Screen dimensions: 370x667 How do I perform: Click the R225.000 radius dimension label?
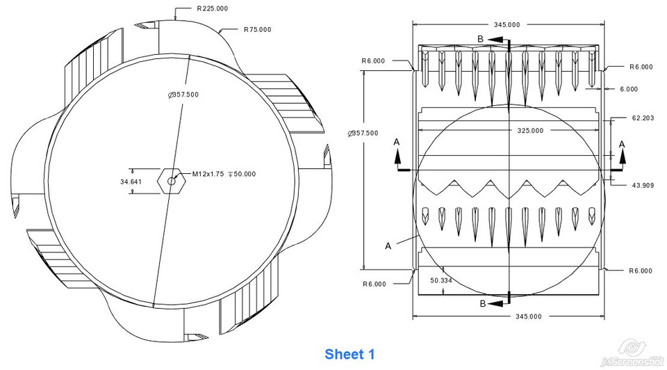[x=213, y=9]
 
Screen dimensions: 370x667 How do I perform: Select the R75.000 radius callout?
[x=257, y=30]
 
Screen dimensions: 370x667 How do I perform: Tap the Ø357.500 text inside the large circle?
[x=183, y=95]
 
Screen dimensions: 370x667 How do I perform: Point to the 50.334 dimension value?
[x=442, y=280]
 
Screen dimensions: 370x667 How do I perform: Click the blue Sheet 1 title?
[x=349, y=355]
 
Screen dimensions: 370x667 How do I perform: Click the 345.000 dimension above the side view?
[x=507, y=24]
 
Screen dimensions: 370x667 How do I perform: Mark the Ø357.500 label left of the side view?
[x=363, y=133]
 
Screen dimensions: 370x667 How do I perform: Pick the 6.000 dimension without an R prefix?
[x=628, y=89]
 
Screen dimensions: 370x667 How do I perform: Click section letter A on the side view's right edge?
[x=622, y=144]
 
